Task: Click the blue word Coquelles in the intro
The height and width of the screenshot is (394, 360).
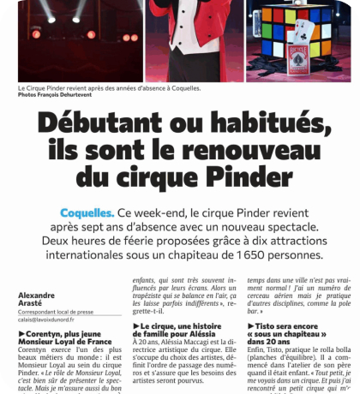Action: [87, 212]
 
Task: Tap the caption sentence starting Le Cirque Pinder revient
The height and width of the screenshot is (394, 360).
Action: [108, 87]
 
